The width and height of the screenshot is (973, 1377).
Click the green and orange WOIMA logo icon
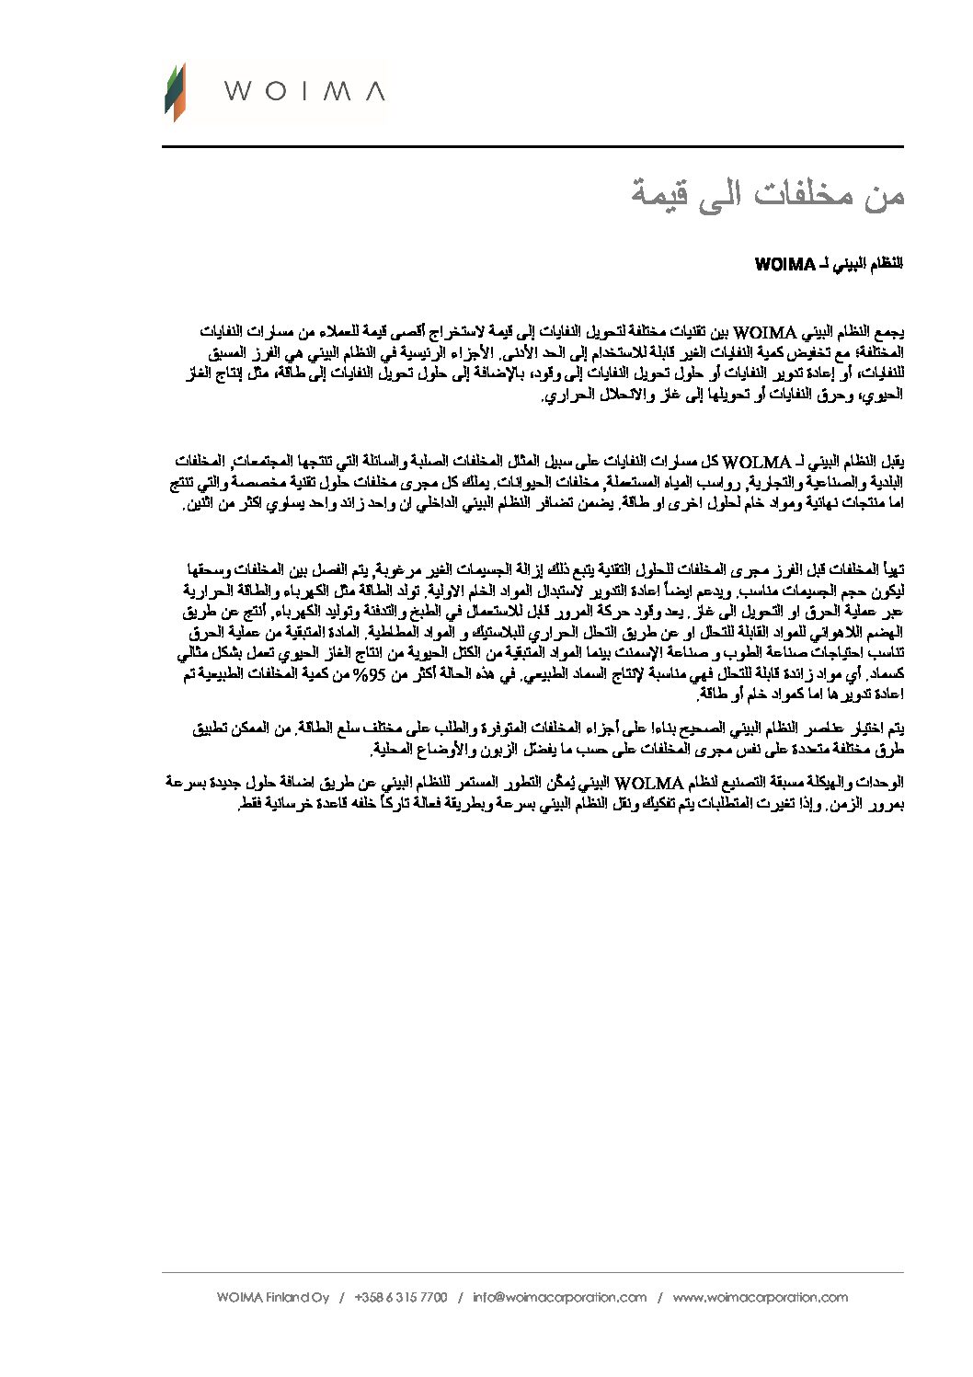click(x=175, y=92)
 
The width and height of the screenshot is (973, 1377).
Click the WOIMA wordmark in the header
click(x=304, y=91)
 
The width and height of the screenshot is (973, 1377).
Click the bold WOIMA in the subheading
click(x=785, y=264)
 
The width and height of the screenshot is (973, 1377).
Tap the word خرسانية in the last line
click(x=302, y=806)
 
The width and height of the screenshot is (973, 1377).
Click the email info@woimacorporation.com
click(x=560, y=1298)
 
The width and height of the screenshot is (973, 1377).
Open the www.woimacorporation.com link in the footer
click(x=760, y=1298)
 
